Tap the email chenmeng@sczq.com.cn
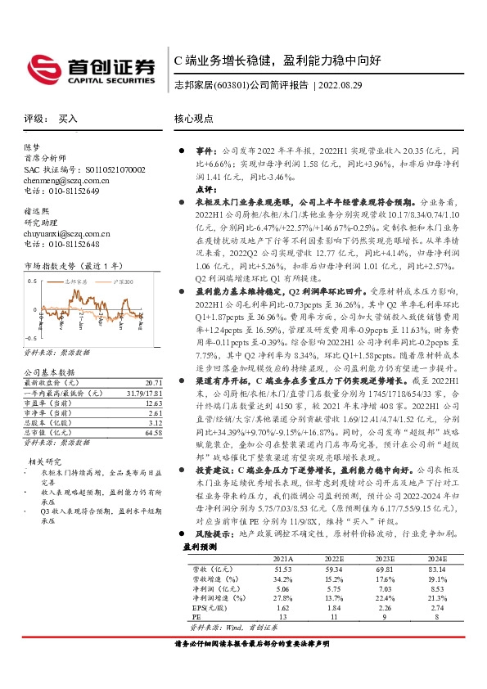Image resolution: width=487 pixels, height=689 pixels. coord(62,180)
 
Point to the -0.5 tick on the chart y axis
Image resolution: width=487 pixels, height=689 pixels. coord(32,337)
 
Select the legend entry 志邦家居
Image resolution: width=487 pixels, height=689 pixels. coord(75,281)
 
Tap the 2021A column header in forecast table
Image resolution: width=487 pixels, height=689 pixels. coord(283,558)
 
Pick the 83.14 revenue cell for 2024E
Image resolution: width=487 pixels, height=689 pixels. coord(437,567)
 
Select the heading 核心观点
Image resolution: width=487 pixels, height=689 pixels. coord(193,119)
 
